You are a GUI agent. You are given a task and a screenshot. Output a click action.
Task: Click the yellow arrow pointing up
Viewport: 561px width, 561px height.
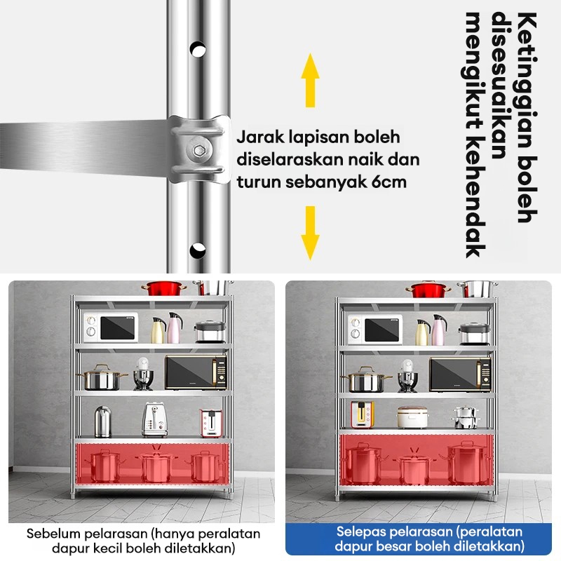click(x=310, y=80)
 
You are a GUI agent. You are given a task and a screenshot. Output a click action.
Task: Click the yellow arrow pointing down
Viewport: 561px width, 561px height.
click(x=310, y=233)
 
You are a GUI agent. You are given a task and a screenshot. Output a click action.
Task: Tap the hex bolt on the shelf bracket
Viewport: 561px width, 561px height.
click(x=198, y=149)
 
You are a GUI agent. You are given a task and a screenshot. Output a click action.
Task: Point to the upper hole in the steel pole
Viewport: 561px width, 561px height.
click(x=198, y=49)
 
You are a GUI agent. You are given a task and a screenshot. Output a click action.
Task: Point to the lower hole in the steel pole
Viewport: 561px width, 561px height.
click(x=198, y=250)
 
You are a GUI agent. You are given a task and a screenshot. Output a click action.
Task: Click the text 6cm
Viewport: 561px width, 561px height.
click(x=389, y=182)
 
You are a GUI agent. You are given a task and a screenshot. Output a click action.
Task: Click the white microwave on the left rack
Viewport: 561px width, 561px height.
click(x=111, y=327)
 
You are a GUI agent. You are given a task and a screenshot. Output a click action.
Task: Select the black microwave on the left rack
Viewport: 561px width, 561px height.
click(x=196, y=372)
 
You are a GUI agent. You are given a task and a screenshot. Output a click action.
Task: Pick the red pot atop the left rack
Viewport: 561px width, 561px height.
click(x=164, y=288)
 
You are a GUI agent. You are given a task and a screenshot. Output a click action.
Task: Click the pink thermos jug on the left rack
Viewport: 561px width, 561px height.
click(x=174, y=328)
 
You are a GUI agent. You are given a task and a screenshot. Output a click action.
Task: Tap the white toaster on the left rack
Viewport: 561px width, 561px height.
click(x=154, y=419)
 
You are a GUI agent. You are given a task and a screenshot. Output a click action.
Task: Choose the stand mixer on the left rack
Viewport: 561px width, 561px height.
click(x=143, y=374)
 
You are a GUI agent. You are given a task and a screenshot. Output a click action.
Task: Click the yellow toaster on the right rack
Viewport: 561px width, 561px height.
click(x=362, y=414)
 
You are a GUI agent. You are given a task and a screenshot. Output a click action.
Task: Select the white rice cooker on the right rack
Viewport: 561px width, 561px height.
click(x=412, y=417)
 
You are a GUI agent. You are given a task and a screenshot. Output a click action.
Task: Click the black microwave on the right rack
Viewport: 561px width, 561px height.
click(x=461, y=374)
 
